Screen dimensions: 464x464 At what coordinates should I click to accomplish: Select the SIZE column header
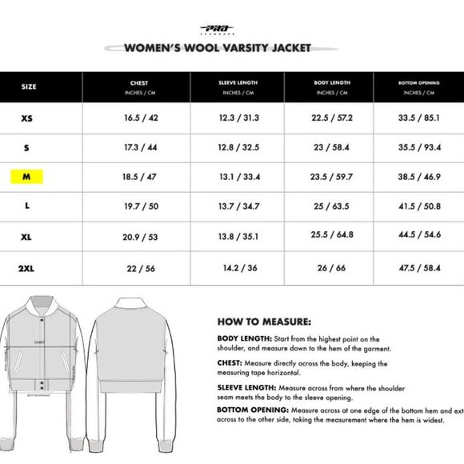[29, 86]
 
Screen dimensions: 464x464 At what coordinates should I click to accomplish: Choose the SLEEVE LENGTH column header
[239, 86]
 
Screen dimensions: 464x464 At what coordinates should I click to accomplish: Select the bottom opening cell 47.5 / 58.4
[419, 267]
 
